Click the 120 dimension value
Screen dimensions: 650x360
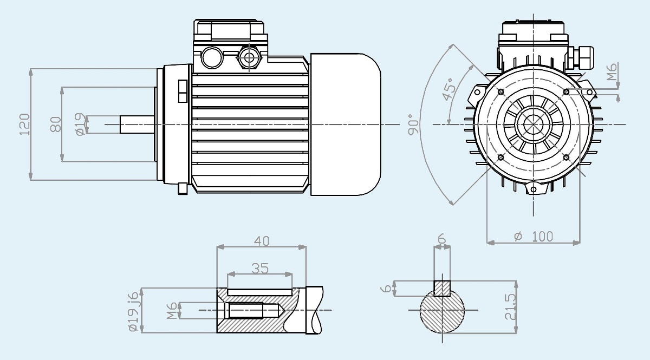25,125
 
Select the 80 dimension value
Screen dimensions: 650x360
56,125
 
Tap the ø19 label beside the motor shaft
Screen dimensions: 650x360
80,125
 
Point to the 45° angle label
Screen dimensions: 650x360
448,89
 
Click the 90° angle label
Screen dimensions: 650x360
413,125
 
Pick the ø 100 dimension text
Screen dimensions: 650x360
534,237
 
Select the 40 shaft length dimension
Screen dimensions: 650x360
262,241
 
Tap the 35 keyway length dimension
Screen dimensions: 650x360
260,269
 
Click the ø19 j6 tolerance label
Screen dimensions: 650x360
133,311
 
